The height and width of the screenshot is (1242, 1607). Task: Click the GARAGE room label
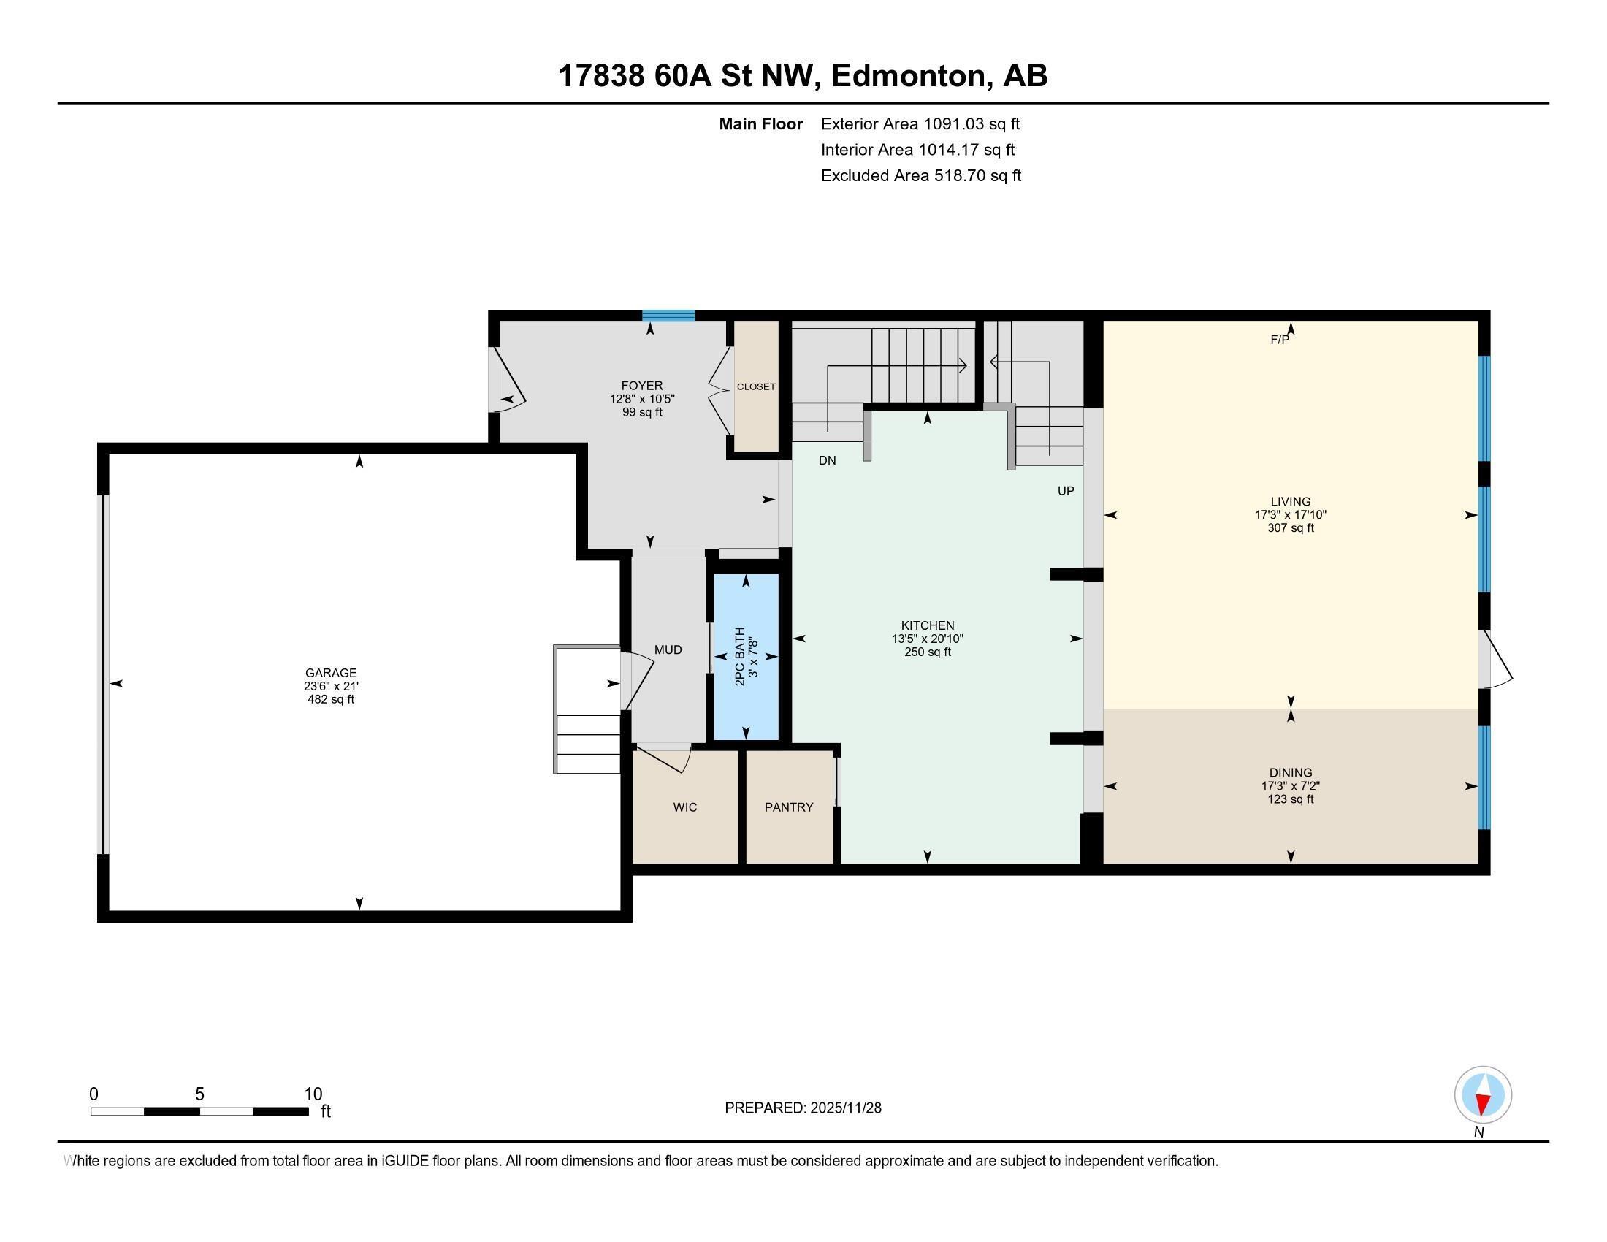point(330,672)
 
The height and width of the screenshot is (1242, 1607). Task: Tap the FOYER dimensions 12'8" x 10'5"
point(641,399)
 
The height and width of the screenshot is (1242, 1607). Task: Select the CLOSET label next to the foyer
point(756,387)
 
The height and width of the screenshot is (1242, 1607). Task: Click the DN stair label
point(827,460)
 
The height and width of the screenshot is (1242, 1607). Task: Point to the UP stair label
point(1066,491)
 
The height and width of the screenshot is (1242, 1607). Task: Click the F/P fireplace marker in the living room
point(1280,340)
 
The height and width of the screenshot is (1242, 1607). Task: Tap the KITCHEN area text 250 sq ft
point(927,652)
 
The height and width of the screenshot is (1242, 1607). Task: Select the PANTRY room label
point(788,807)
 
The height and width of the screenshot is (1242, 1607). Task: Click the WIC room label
point(684,807)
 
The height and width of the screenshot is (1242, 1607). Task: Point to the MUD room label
point(668,649)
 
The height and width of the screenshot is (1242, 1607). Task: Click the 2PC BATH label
point(740,656)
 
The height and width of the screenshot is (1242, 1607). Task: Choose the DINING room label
point(1290,772)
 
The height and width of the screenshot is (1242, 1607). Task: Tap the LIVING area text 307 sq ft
point(1290,527)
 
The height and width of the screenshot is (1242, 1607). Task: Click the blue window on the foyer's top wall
point(668,316)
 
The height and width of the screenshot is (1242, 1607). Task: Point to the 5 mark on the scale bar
point(199,1094)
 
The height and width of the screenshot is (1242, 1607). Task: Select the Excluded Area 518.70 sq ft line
point(920,176)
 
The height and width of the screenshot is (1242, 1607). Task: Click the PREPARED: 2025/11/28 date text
point(803,1108)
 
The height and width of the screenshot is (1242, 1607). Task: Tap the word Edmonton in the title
point(909,76)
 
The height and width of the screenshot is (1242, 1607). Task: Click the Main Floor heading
point(760,124)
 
